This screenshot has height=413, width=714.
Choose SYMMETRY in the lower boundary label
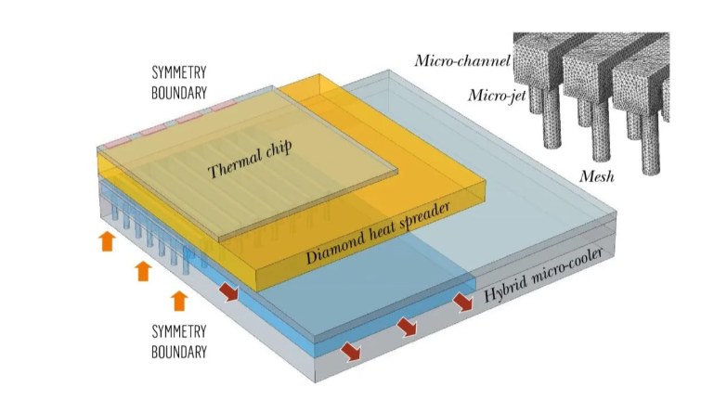coord(179,331)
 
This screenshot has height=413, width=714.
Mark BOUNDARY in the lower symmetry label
coord(179,352)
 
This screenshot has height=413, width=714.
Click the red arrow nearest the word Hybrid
coord(461,303)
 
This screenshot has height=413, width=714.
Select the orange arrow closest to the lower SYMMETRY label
coord(178,300)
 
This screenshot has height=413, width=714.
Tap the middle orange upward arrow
coord(142,271)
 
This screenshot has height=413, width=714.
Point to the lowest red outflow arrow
coord(352,351)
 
